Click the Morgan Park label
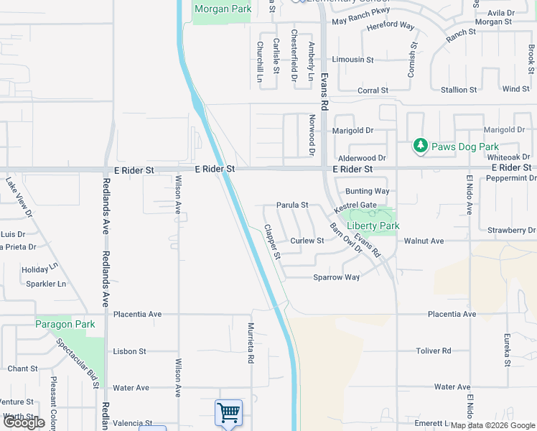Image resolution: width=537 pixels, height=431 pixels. tap(223, 9)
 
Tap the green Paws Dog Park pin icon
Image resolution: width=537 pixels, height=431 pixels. tap(421, 146)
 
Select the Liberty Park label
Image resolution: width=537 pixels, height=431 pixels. tap(373, 226)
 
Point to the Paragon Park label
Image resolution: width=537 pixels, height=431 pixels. tap(65, 324)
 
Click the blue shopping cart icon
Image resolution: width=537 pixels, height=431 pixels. tap(228, 413)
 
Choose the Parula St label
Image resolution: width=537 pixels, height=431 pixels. tap(292, 205)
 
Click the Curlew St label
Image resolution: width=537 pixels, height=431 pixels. tap(307, 241)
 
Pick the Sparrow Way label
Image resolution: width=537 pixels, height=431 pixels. tap(336, 277)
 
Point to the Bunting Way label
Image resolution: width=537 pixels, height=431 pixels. tap(367, 191)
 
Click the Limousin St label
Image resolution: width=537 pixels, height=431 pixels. tap(352, 60)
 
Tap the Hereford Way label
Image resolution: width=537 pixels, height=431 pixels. tap(391, 25)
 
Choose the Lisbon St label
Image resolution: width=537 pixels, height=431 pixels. tap(130, 351)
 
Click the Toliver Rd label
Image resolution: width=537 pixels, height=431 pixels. tap(433, 351)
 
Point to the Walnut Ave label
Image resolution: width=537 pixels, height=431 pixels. tap(424, 241)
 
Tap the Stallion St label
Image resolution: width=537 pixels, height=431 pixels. tap(458, 90)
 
